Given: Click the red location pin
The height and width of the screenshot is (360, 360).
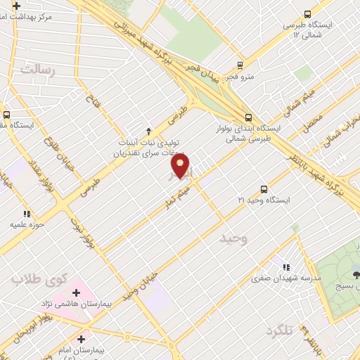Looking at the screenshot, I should coord(181,166).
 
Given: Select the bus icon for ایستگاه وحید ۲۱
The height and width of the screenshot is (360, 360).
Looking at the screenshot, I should coord(264,188).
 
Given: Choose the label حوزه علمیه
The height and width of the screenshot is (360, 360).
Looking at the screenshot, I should coord(27,225).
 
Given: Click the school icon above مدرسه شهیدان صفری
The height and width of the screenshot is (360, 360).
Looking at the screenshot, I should coord(285,267).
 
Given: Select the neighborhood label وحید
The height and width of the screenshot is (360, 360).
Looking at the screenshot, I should coord(234,239).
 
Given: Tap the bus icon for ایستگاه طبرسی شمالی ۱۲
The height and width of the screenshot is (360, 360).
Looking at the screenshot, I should coord(307,13).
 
